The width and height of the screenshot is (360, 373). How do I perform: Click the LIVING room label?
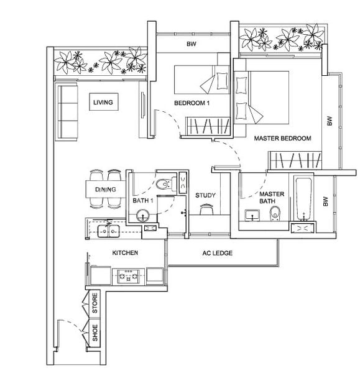(103, 103)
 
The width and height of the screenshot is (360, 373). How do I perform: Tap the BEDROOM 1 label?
(192, 103)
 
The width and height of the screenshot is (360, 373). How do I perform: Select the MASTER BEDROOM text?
(282, 138)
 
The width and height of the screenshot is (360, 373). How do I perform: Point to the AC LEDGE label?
(217, 253)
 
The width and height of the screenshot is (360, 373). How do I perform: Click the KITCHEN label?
(125, 252)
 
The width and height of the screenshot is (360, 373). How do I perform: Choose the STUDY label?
(205, 195)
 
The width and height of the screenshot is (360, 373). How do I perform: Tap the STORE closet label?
(95, 303)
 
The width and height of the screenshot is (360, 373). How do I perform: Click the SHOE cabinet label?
(95, 333)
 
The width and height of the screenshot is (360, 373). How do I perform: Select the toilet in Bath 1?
(166, 183)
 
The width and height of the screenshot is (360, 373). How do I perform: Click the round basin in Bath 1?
(143, 216)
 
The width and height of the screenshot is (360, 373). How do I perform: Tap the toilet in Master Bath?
(275, 213)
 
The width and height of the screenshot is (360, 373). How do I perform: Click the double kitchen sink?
(109, 231)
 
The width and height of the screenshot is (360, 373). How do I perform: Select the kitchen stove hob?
(129, 276)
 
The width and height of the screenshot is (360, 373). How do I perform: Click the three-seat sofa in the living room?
(67, 111)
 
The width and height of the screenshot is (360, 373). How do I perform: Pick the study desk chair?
(206, 209)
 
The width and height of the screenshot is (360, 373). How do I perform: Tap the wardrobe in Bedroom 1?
(208, 127)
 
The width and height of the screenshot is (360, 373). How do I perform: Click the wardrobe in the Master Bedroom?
(295, 160)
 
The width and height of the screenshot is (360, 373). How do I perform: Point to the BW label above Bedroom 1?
(192, 44)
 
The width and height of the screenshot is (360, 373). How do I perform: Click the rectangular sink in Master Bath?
(252, 215)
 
